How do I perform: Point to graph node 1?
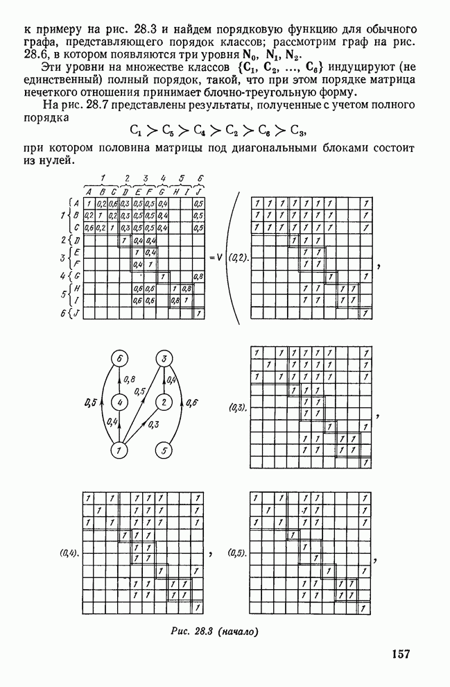[121, 450]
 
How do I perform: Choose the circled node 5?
[164, 450]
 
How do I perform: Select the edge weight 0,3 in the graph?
[154, 425]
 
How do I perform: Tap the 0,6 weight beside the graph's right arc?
[192, 402]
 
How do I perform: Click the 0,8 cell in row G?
[198, 276]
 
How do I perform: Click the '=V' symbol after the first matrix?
[214, 257]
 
